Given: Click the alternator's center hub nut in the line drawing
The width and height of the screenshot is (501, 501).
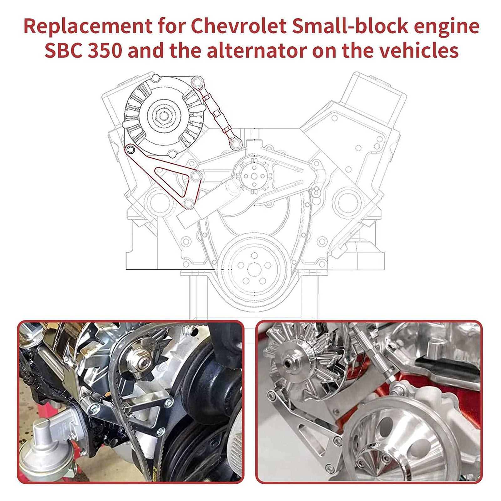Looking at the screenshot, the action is [163, 115].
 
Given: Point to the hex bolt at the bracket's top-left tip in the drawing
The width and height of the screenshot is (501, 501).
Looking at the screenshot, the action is [130, 149].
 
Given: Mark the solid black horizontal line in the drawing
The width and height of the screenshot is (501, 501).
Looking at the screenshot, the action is [171, 269].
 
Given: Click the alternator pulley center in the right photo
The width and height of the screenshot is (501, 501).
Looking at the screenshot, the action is [288, 363].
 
